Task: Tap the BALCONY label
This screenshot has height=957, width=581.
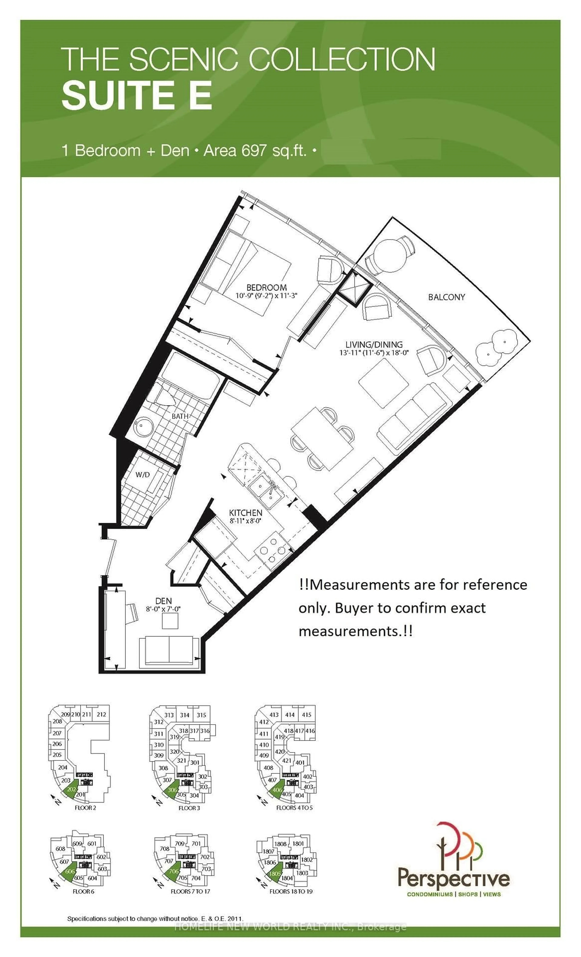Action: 446,297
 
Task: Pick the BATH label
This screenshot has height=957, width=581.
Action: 180,416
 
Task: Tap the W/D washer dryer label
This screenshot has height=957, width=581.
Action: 143,475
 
